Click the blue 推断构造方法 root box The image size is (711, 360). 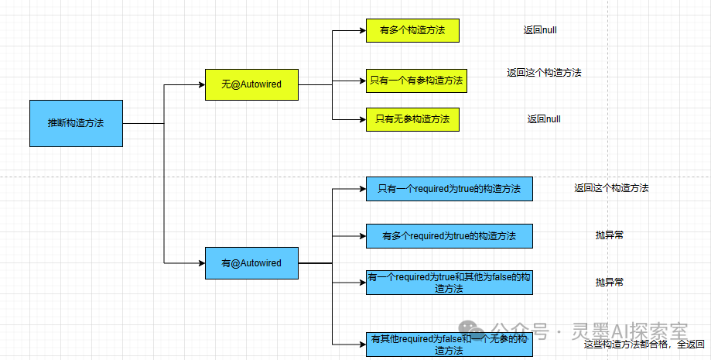click(x=76, y=123)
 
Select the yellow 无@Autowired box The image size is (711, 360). click(x=251, y=84)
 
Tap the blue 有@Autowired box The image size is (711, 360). click(x=251, y=263)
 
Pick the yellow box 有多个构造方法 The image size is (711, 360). click(x=412, y=31)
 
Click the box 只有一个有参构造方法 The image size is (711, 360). click(x=416, y=80)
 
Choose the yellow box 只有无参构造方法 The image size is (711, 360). click(x=412, y=119)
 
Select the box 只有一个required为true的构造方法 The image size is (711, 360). click(x=449, y=188)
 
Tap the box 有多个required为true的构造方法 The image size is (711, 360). click(x=449, y=235)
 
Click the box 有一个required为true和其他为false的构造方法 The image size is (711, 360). click(x=449, y=283)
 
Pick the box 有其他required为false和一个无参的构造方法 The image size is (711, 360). click(x=449, y=345)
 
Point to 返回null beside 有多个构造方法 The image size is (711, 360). click(x=540, y=30)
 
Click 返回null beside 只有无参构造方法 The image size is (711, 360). click(x=544, y=119)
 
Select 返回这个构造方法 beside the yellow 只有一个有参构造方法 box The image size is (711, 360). click(x=544, y=73)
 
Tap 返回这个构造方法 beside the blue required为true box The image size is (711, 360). click(x=611, y=188)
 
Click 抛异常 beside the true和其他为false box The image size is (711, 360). click(x=609, y=283)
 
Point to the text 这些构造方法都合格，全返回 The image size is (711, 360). click(x=644, y=345)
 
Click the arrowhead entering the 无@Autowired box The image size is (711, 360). click(x=200, y=84)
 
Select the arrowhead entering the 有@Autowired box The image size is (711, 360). click(x=200, y=263)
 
